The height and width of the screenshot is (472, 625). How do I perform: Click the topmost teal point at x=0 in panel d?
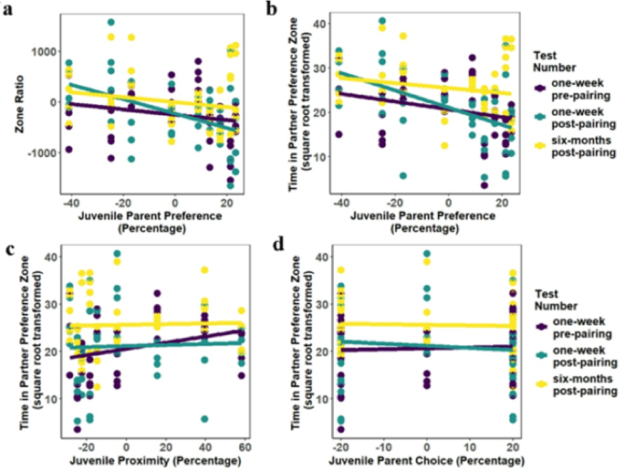coord(427,255)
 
